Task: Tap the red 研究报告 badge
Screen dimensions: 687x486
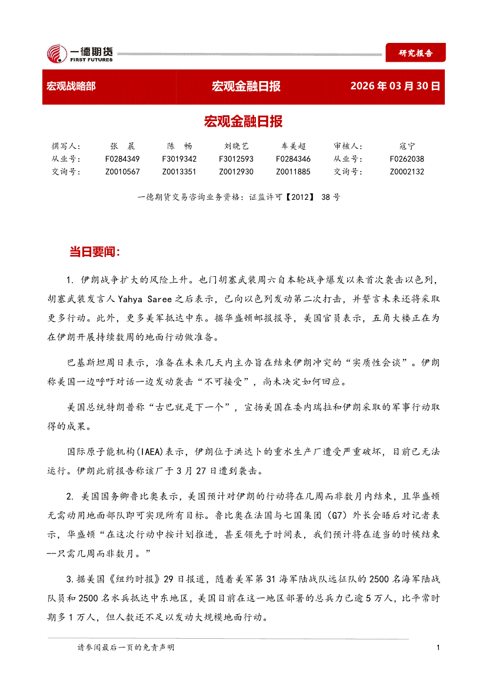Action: pyautogui.click(x=415, y=53)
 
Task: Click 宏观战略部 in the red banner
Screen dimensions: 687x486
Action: pyautogui.click(x=71, y=86)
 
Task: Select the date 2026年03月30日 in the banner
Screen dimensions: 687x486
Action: pyautogui.click(x=395, y=86)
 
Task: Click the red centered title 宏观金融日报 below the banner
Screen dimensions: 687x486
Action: pyautogui.click(x=243, y=122)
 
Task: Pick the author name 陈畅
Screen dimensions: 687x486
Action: pyautogui.click(x=179, y=146)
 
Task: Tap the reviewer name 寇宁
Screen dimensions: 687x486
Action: pyautogui.click(x=407, y=146)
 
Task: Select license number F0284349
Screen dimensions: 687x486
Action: pyautogui.click(x=122, y=159)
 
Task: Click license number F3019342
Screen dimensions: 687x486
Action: pyautogui.click(x=179, y=159)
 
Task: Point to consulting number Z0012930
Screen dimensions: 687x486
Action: pyautogui.click(x=236, y=172)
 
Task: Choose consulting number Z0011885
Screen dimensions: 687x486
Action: pyautogui.click(x=293, y=172)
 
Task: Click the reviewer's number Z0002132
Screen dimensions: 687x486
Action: pyautogui.click(x=407, y=172)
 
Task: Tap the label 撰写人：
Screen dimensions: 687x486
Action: pyautogui.click(x=66, y=146)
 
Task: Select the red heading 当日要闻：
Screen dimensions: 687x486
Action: pyautogui.click(x=95, y=252)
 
